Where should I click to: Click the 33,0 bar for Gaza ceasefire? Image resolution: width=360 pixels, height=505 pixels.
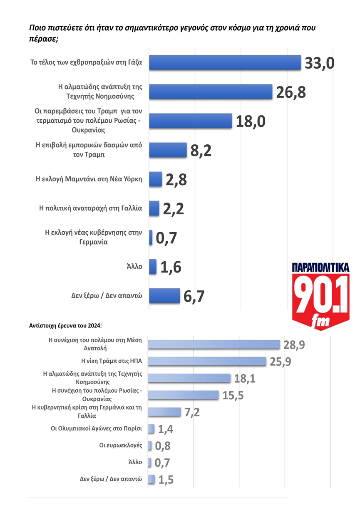[225, 63]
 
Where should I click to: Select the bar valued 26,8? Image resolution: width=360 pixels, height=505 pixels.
[211, 92]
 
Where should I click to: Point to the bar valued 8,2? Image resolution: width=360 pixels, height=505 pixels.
[168, 150]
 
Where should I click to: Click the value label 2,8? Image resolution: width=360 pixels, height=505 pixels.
[176, 180]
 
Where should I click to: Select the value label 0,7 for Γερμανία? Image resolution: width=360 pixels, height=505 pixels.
[166, 238]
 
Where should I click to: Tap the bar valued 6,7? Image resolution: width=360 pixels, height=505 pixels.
[164, 296]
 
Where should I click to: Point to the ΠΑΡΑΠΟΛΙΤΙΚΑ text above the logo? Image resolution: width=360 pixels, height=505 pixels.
[320, 267]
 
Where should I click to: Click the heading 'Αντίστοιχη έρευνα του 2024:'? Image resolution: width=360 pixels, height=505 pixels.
[65, 325]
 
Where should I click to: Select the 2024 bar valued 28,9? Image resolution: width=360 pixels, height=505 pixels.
[214, 344]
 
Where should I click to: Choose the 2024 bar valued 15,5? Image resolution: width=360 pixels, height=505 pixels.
[184, 395]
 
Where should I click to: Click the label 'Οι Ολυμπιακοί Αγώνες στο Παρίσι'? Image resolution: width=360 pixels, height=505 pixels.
[94, 428]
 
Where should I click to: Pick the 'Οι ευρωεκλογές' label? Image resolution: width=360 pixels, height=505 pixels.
[121, 445]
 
